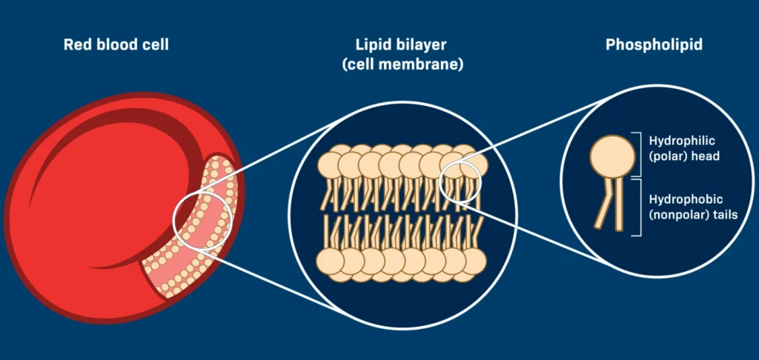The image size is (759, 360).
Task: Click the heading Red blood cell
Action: pyautogui.click(x=116, y=45)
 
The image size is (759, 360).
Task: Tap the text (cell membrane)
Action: pyautogui.click(x=402, y=64)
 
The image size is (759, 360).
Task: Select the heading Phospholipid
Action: pyautogui.click(x=654, y=45)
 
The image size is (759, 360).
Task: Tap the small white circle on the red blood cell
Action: pyautogui.click(x=202, y=221)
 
